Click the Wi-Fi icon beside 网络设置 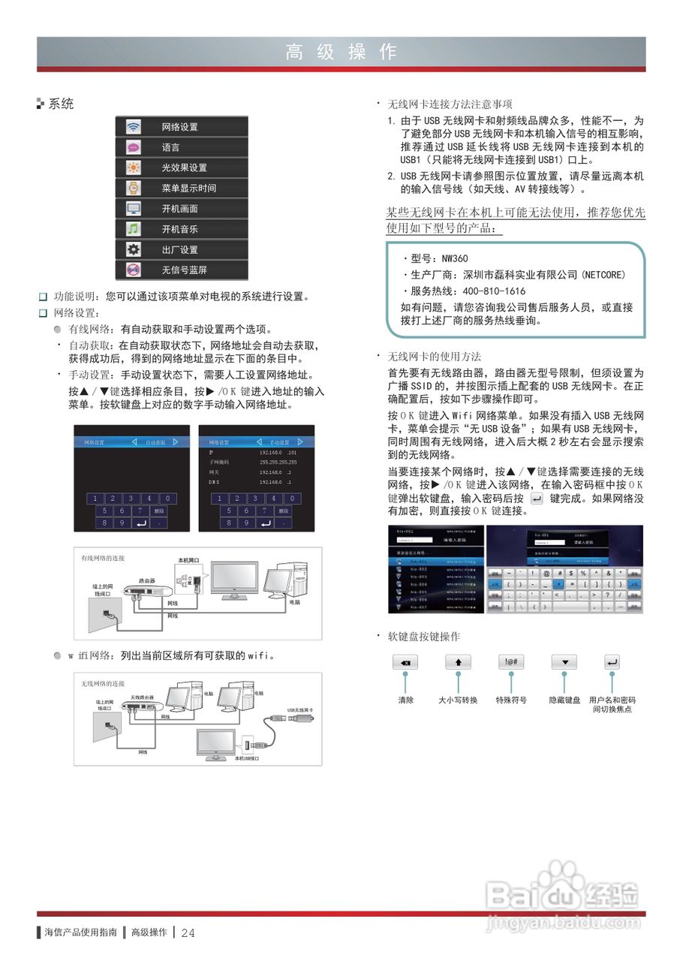coord(133,126)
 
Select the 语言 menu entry coord(171,147)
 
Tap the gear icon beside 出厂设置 coord(133,249)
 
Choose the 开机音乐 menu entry coord(180,229)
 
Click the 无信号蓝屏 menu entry coord(185,270)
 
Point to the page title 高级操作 coord(341,52)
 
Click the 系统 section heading coord(62,104)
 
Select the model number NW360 coord(454,258)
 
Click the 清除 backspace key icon coord(405,662)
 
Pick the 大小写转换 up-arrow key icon coord(458,662)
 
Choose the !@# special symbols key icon coord(511,662)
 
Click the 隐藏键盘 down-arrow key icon coord(564,662)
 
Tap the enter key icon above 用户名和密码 coord(612,662)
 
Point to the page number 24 coord(188,932)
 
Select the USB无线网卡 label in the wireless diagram coord(299,709)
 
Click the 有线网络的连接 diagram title coord(103,558)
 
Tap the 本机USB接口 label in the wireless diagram coord(247,758)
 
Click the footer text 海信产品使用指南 coord(80,932)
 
